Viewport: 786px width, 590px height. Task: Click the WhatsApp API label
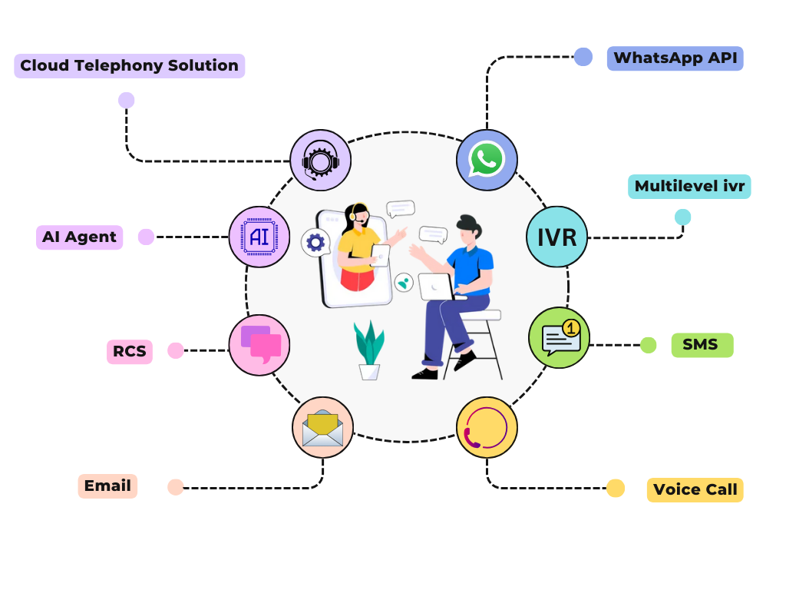[x=675, y=58]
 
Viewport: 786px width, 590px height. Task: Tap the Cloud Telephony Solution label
[x=129, y=66]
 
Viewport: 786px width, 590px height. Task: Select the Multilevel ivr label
[x=689, y=187]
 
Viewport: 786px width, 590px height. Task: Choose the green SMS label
[x=702, y=345]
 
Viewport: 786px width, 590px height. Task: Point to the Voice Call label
[x=695, y=490]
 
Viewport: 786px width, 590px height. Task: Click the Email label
[x=107, y=486]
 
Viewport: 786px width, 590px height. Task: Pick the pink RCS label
[x=130, y=352]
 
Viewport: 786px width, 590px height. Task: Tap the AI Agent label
[x=79, y=237]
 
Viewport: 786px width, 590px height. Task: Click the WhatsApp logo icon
[x=487, y=160]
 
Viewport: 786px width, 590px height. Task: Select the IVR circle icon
[x=556, y=237]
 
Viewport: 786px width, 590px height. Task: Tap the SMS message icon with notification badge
[x=560, y=338]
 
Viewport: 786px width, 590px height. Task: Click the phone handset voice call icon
[x=487, y=428]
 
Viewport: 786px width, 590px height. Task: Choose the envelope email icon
[x=322, y=428]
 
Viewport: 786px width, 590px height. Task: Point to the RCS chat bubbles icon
[x=259, y=345]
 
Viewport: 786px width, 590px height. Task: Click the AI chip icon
[x=259, y=237]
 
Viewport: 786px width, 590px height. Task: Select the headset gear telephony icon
[x=321, y=160]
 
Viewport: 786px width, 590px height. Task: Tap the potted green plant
[x=369, y=350]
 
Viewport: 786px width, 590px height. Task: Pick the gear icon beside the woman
[x=315, y=243]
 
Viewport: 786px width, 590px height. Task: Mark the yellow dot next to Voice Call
[x=616, y=489]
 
